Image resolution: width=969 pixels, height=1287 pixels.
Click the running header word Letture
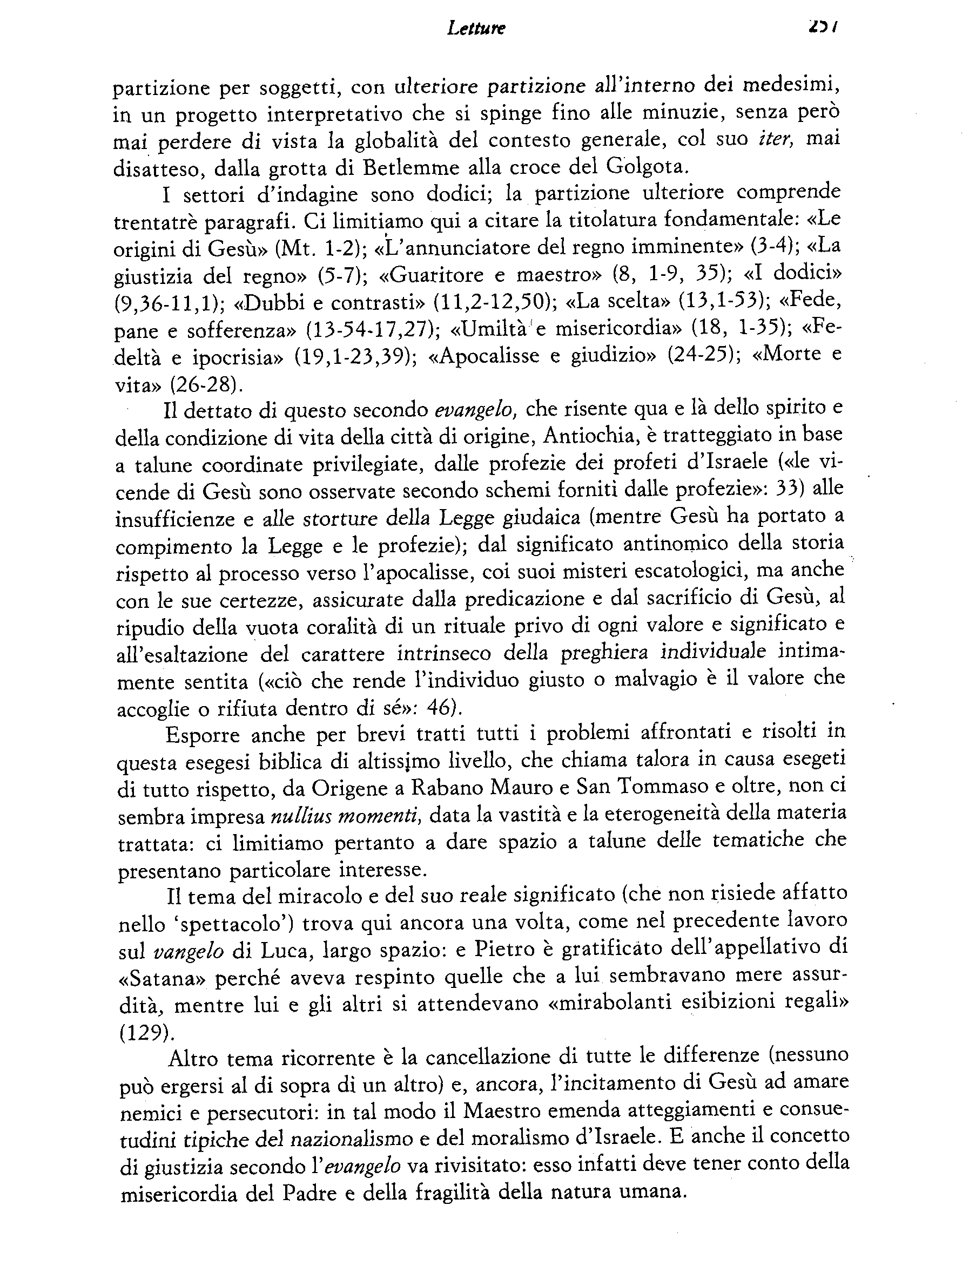point(476,28)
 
